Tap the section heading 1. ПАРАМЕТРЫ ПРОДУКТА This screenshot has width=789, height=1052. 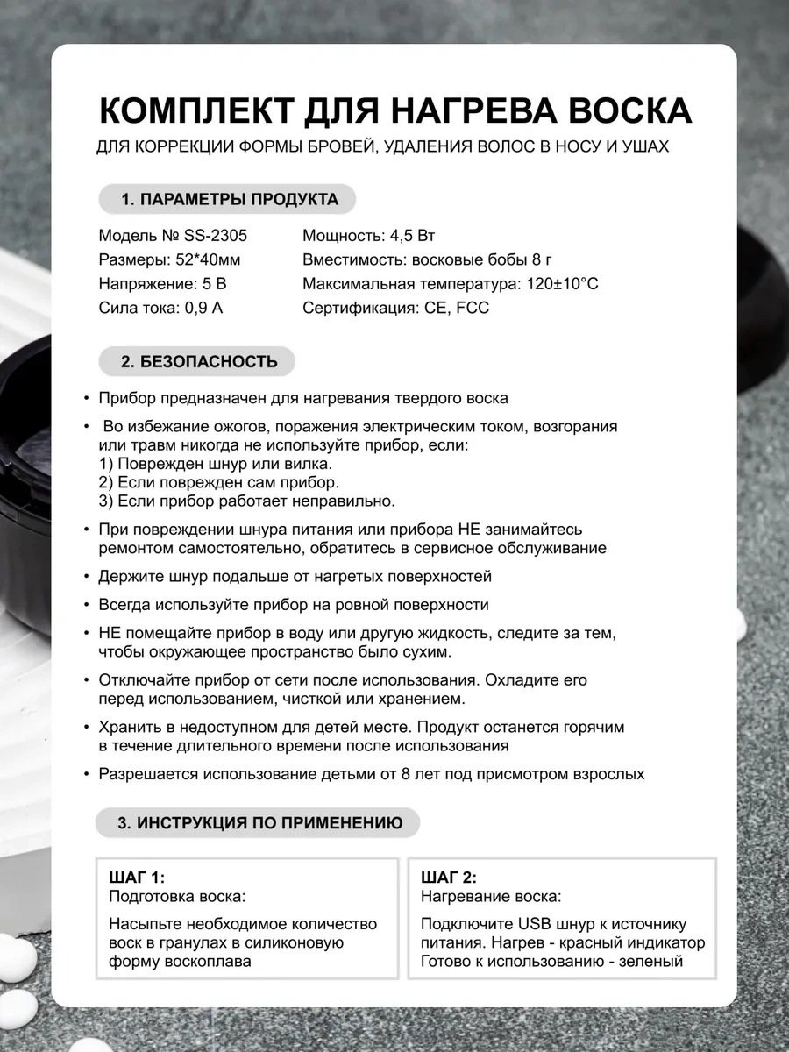click(228, 199)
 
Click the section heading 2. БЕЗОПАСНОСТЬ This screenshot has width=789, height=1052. click(199, 361)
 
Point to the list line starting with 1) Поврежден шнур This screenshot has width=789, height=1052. click(216, 463)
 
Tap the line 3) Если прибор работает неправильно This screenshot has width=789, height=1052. click(247, 501)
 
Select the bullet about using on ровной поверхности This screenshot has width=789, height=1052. click(294, 605)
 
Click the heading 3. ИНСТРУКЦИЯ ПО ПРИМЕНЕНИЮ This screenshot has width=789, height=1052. click(259, 823)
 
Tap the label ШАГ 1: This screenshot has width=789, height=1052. click(137, 878)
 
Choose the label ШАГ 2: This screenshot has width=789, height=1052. click(449, 878)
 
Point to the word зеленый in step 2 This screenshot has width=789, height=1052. click(650, 961)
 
